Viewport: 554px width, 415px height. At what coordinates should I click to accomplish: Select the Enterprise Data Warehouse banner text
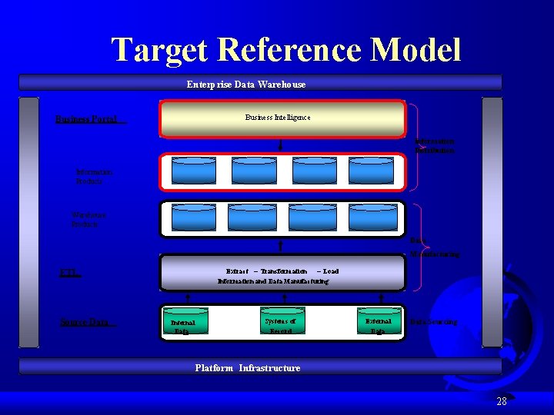coord(246,84)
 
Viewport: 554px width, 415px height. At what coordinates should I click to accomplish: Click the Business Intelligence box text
coord(278,118)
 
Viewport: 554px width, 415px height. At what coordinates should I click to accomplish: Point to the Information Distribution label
coord(435,146)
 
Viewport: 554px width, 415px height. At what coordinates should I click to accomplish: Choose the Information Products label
coord(94,177)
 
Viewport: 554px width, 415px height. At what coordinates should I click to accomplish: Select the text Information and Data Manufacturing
coord(273,281)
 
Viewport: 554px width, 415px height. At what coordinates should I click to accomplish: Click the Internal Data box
coord(182,327)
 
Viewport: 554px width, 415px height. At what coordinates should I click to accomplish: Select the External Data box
coord(378,325)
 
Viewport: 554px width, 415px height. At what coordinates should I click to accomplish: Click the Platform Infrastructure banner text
coord(248,368)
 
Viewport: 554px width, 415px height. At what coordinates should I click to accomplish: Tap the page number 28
coord(501,401)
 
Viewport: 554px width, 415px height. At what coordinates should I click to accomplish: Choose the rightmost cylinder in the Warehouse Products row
coord(372,217)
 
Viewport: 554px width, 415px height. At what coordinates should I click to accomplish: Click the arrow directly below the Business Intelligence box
coord(280,144)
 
